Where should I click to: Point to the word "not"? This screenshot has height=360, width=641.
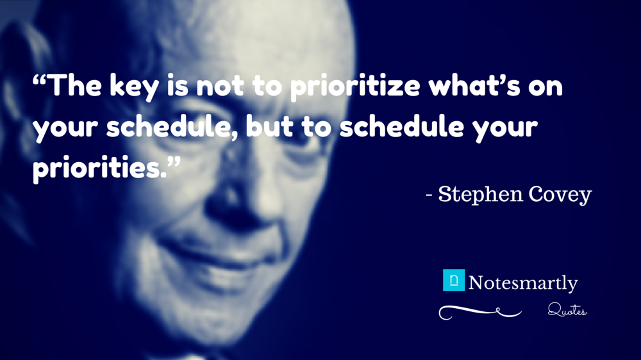point(220,86)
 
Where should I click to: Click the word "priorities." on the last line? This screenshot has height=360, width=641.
point(100,168)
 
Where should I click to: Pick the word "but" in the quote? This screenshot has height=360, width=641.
point(269,126)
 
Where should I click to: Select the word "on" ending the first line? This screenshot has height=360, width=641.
point(545,88)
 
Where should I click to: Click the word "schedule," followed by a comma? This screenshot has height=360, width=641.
point(172,127)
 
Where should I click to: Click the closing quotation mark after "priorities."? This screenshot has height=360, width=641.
point(174,160)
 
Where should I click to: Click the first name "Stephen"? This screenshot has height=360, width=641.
point(480,195)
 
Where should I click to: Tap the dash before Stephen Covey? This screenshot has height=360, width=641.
point(429,195)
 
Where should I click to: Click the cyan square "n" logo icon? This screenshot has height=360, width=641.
point(454,280)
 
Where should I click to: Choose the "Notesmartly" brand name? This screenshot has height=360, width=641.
point(523,283)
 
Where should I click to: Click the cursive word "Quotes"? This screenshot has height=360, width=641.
point(567,311)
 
